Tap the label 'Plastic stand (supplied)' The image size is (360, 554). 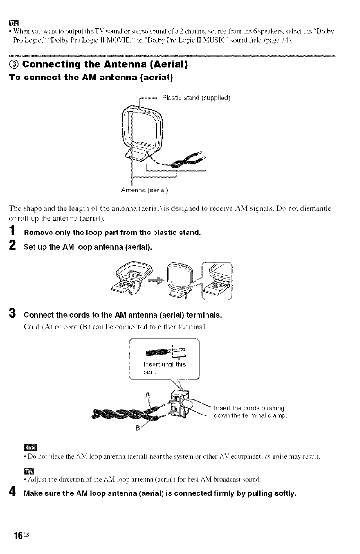pyautogui.click(x=196, y=98)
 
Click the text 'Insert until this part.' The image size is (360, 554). pyautogui.click(x=163, y=367)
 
